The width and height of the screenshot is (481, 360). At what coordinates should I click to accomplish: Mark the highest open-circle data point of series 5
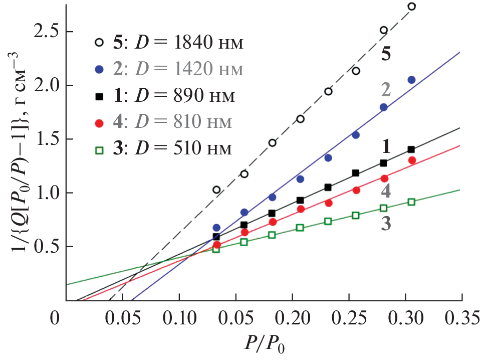pyautogui.click(x=412, y=7)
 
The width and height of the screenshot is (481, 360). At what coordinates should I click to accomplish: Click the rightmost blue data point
pyautogui.click(x=411, y=80)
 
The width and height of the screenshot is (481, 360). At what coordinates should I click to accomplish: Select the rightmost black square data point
pyautogui.click(x=411, y=149)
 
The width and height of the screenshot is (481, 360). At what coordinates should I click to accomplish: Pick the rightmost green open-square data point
pyautogui.click(x=411, y=202)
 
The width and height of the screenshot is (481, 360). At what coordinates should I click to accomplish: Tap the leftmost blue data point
pyautogui.click(x=216, y=228)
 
